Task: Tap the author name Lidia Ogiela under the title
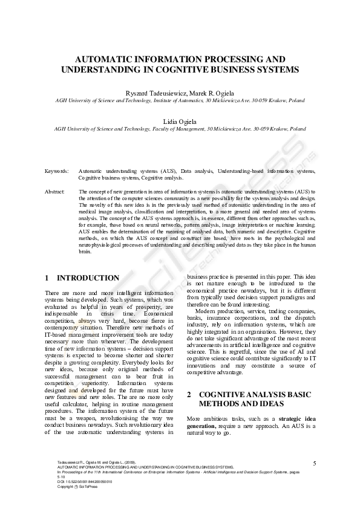180,121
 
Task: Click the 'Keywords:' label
56,172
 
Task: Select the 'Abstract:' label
55,191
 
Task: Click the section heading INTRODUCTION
88,278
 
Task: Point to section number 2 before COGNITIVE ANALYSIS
189,394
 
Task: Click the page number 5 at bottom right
315,463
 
